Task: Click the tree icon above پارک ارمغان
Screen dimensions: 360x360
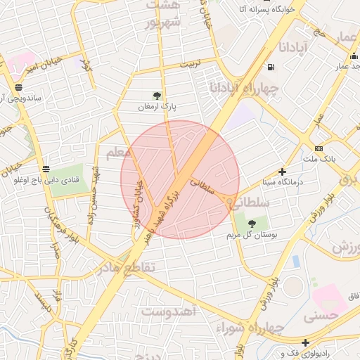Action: pos(157,96)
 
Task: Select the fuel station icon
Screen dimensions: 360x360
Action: pos(271,67)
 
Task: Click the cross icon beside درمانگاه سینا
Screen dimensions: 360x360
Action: pos(283,172)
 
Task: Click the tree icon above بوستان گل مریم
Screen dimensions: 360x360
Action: pos(252,224)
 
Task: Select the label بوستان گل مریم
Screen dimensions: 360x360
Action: pos(255,235)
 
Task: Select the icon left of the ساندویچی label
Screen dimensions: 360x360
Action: pos(17,88)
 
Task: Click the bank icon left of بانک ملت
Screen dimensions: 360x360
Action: pos(319,148)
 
